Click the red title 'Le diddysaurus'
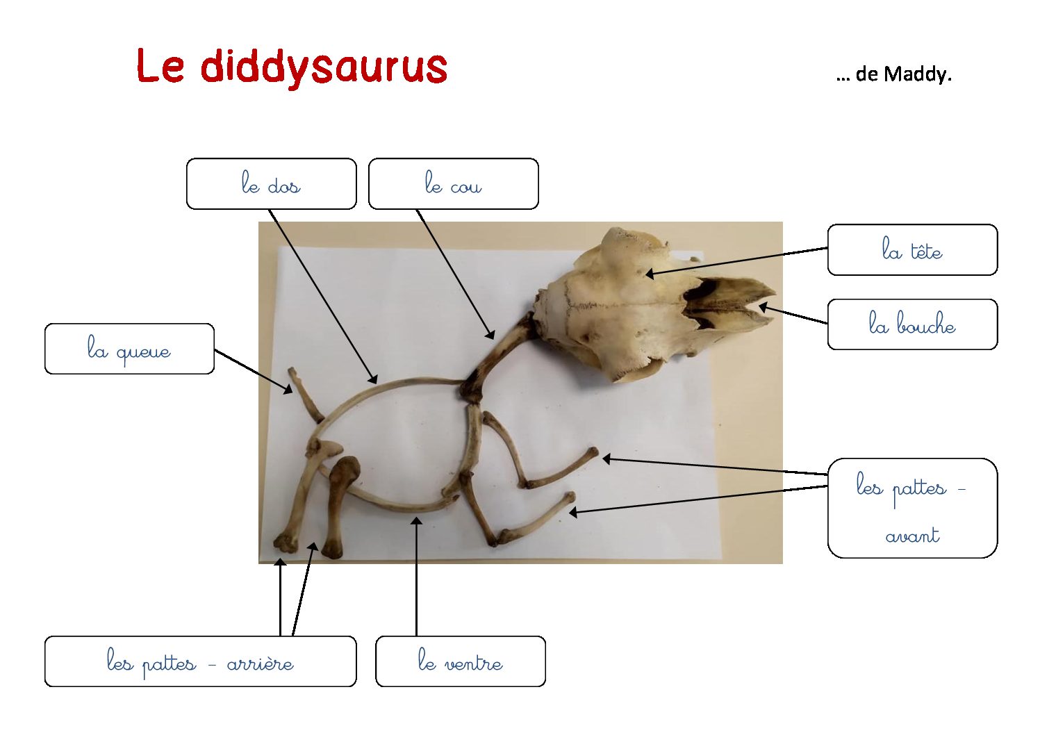292,67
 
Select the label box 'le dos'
271,184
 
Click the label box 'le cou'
453,184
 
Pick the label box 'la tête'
912,250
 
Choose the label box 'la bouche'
912,324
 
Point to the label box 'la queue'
129,349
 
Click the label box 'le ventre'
460,661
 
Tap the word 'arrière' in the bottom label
260,664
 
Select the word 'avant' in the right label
912,536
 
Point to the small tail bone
305,395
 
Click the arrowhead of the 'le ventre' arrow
416,521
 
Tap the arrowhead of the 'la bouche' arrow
764,306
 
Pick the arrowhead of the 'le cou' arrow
491,336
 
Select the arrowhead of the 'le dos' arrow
374,379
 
